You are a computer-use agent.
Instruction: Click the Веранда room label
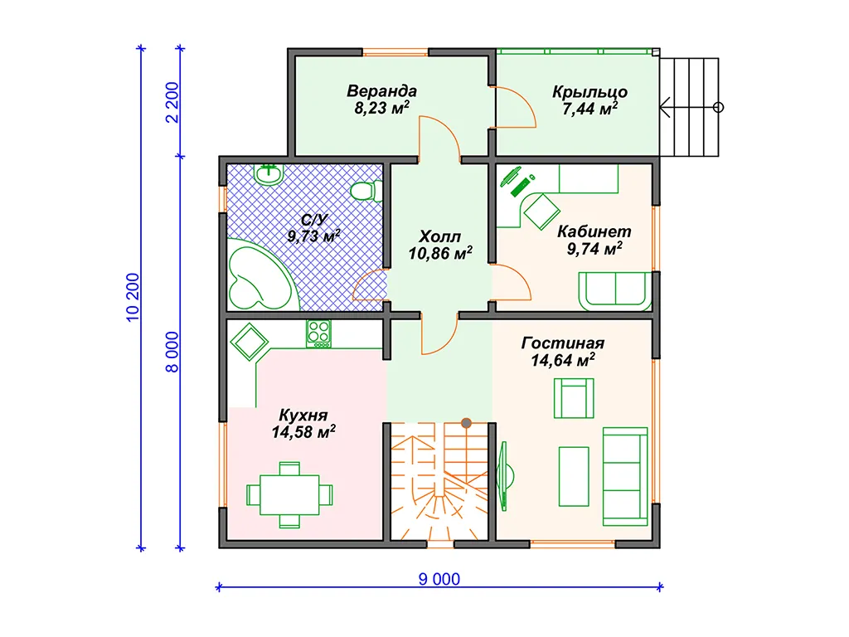(381, 91)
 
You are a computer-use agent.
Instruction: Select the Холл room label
(439, 236)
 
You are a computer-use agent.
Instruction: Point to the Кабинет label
(594, 231)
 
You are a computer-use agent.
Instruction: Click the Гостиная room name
(563, 343)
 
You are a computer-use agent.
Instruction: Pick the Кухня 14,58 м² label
(303, 424)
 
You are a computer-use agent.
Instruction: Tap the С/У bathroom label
(314, 219)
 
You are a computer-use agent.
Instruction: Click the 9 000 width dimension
(439, 579)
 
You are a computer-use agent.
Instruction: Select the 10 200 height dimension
(133, 298)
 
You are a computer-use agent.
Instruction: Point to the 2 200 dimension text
(172, 102)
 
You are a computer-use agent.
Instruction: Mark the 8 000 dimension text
(172, 352)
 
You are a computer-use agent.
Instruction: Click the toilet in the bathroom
(366, 191)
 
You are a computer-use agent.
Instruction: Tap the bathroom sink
(269, 174)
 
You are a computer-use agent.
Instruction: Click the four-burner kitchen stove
(318, 333)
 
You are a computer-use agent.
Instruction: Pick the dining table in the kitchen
(289, 494)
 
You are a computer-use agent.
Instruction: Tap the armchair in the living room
(574, 398)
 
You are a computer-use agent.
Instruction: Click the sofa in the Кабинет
(615, 291)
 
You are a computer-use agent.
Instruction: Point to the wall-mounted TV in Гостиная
(506, 476)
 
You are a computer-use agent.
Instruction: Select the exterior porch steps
(689, 107)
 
